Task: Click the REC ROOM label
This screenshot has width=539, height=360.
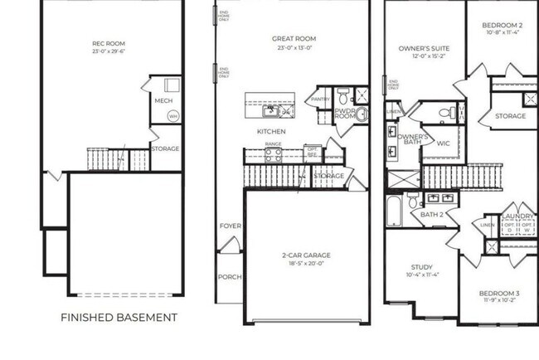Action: click(109, 43)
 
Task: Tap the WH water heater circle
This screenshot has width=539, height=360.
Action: click(173, 116)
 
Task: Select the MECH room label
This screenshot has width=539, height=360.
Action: click(163, 101)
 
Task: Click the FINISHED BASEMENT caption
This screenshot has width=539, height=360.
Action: click(119, 317)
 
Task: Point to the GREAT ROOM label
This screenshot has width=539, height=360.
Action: click(294, 39)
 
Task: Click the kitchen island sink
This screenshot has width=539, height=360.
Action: click(271, 110)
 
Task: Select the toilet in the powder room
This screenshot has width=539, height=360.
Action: click(343, 93)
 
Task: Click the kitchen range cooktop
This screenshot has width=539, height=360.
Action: click(273, 153)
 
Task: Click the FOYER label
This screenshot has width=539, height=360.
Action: click(229, 226)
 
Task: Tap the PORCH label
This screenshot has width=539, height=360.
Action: click(229, 277)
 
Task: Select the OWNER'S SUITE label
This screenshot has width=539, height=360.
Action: click(423, 49)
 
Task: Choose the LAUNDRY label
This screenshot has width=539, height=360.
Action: click(518, 214)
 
